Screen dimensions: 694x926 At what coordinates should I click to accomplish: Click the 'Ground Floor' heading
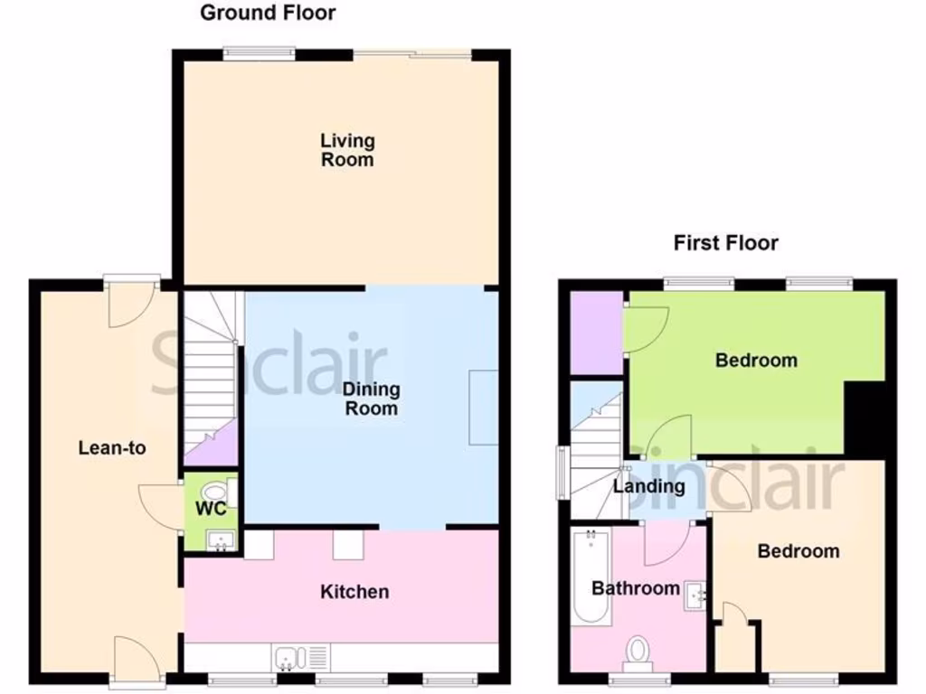[267, 13]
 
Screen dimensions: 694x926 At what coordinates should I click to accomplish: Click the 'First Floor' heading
[725, 243]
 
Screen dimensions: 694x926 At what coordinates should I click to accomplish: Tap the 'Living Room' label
[347, 150]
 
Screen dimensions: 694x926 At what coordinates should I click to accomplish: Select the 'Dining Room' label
[371, 399]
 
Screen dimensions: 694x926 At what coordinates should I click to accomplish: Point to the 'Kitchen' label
[355, 592]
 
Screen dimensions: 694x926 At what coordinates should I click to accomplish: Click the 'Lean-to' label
[112, 447]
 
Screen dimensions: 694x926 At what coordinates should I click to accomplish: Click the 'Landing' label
[648, 486]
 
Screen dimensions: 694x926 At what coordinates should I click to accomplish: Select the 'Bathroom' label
[635, 588]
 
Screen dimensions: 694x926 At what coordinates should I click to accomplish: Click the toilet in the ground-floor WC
[215, 492]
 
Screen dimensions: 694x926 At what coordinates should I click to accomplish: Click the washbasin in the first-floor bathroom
[696, 595]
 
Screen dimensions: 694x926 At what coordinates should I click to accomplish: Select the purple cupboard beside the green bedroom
[596, 332]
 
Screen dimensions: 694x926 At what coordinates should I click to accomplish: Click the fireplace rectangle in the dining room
[483, 407]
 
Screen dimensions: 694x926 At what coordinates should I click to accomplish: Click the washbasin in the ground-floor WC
[221, 541]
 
